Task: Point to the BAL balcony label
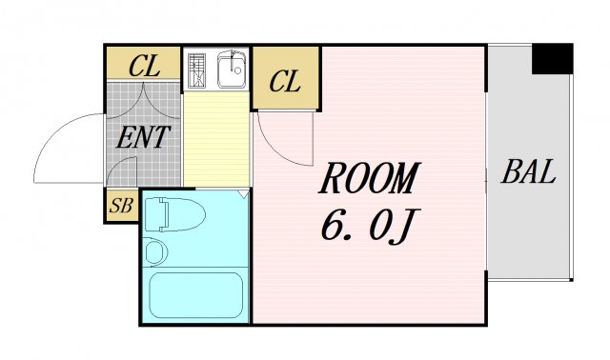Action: (528, 174)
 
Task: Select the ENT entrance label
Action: (142, 137)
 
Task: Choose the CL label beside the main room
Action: (285, 82)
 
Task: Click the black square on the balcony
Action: (552, 59)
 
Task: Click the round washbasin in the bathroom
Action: (155, 252)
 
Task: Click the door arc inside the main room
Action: (281, 143)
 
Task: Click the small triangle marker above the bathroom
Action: (245, 193)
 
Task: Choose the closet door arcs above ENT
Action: (143, 99)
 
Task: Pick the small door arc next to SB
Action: (122, 173)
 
